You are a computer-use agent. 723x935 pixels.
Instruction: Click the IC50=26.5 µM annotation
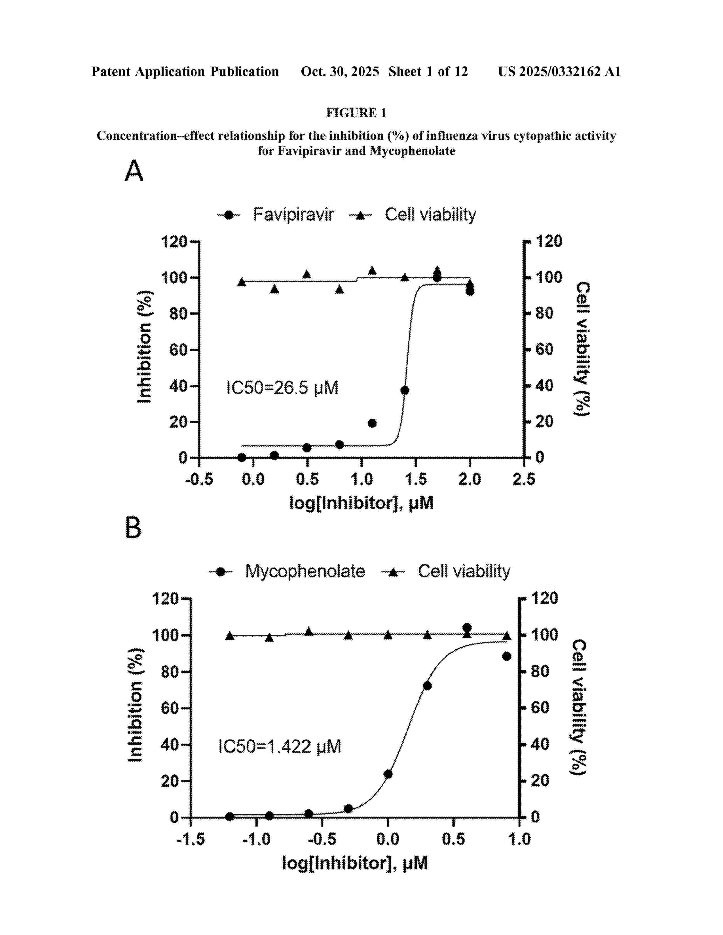click(282, 388)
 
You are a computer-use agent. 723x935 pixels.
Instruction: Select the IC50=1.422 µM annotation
click(279, 746)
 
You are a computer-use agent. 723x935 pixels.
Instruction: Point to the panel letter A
click(134, 171)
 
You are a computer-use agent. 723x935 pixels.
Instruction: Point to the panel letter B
click(133, 528)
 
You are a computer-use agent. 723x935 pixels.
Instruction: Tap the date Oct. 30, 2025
click(340, 71)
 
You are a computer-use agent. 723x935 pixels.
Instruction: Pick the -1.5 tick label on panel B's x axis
click(191, 839)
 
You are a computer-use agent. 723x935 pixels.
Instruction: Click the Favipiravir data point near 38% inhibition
click(404, 390)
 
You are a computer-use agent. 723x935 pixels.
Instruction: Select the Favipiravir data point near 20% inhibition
click(372, 423)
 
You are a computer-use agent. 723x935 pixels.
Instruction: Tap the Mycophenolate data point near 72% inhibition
click(427, 686)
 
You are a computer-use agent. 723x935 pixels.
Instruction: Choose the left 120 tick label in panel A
click(174, 242)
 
